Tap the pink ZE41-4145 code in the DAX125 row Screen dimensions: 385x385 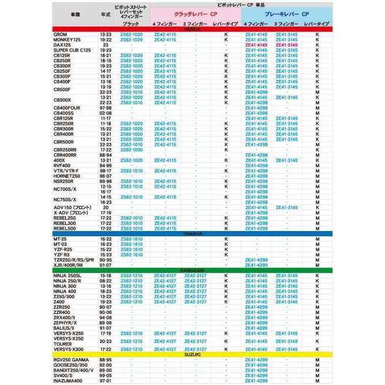click(x=256, y=45)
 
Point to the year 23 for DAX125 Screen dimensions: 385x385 click(x=105, y=45)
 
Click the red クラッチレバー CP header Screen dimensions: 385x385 click(x=190, y=13)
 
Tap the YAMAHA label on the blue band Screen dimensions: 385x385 click(x=192, y=233)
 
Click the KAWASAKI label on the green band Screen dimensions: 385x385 click(x=192, y=270)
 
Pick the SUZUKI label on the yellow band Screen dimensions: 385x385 click(x=192, y=354)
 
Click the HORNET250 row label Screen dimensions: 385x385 click(x=65, y=176)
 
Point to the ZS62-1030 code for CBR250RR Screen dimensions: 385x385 click(x=131, y=150)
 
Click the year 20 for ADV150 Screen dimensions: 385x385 click(x=105, y=207)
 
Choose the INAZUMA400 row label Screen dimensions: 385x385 click(x=68, y=380)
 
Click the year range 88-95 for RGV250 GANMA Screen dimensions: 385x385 click(x=105, y=360)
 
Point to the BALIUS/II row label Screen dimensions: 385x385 click(x=63, y=328)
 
